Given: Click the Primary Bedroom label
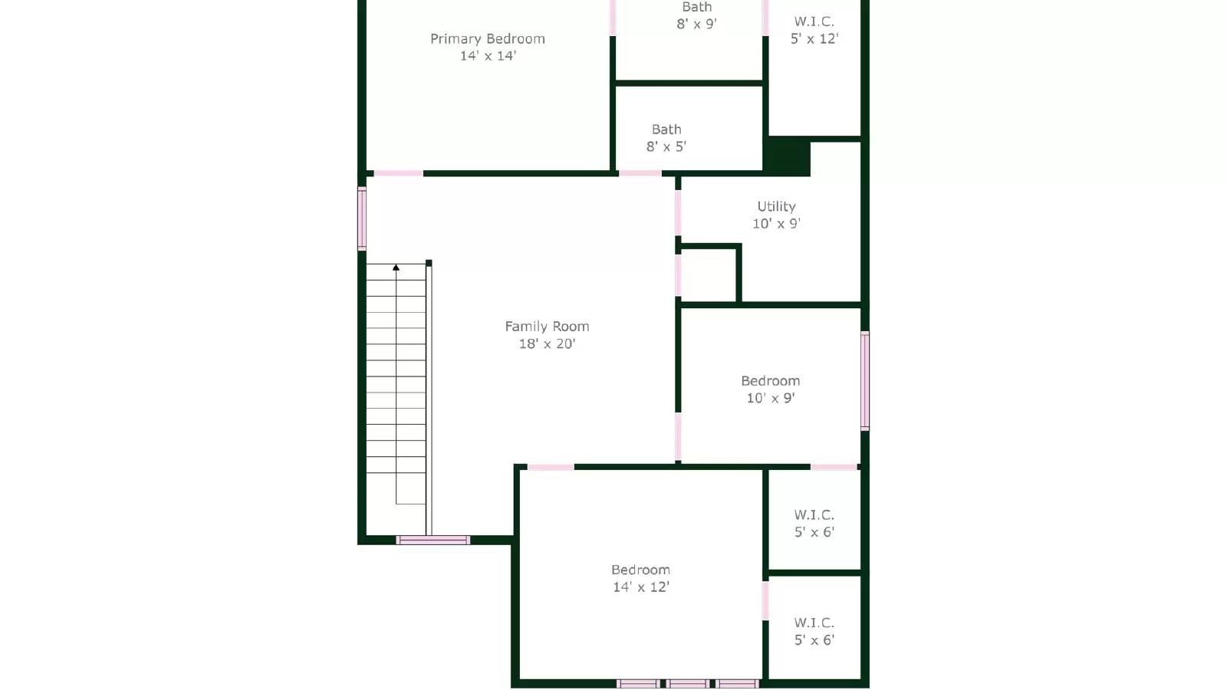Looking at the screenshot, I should click(487, 39).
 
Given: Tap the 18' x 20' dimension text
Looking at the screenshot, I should click(547, 344).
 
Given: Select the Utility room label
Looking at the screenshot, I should click(776, 206).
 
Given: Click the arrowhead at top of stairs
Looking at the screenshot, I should click(396, 268).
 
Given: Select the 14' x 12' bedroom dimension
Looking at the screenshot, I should click(640, 587).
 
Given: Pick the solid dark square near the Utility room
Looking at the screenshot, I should click(788, 156).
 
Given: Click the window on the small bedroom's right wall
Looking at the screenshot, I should click(865, 380).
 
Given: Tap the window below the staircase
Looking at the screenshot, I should click(433, 540).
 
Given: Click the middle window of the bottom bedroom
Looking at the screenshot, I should click(687, 683).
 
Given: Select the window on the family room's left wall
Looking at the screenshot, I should click(362, 219).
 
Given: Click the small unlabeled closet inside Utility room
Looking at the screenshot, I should click(708, 274).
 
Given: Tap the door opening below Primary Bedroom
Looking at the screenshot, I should click(398, 174).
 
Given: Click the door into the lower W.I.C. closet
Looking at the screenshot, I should click(765, 600).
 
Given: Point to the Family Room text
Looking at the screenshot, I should click(547, 327).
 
